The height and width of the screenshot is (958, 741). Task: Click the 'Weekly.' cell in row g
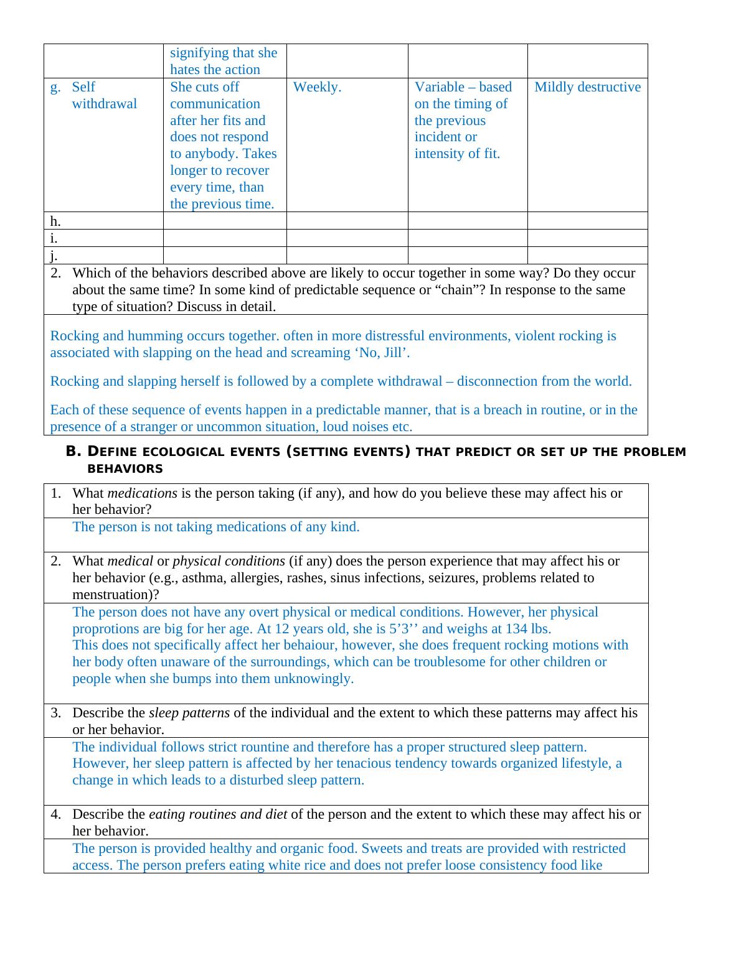317,87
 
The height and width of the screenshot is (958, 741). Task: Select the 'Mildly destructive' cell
587,87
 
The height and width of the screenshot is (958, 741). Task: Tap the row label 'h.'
55,221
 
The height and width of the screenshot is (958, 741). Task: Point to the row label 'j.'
54,255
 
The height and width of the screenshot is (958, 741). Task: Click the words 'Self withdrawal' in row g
104,95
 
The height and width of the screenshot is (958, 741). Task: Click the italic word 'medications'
143,493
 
